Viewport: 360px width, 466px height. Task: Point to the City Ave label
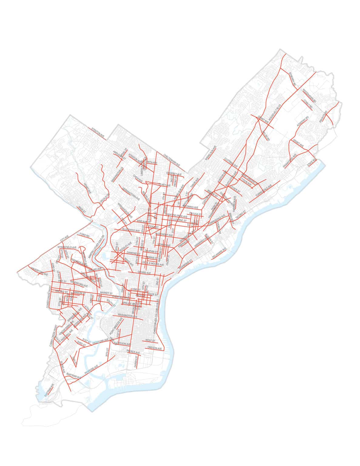click(x=64, y=238)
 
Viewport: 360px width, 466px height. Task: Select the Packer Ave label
click(x=133, y=352)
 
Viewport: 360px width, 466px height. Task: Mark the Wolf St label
click(x=150, y=341)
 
